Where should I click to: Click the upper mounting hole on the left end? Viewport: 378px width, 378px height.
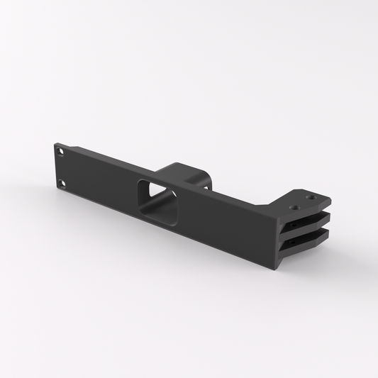click(61, 152)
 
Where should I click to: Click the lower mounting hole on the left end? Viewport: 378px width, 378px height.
click(61, 184)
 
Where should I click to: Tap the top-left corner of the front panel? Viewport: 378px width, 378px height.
click(55, 144)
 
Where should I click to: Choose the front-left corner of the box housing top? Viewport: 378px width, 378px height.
click(160, 169)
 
